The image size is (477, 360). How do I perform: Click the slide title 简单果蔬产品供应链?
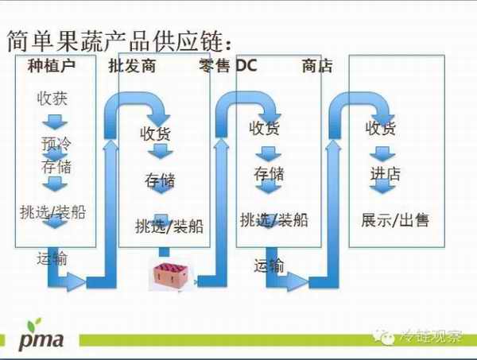click(119, 40)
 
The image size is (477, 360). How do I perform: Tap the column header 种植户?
click(51, 67)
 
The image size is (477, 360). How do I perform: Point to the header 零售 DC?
click(224, 67)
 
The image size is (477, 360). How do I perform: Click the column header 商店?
click(317, 67)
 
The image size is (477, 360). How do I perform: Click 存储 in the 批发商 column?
click(160, 180)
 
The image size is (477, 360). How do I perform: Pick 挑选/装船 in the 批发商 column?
click(169, 226)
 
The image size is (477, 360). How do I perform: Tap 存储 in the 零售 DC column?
click(270, 173)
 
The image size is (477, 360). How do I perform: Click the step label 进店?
click(385, 173)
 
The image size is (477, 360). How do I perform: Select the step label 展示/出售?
click(395, 219)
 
